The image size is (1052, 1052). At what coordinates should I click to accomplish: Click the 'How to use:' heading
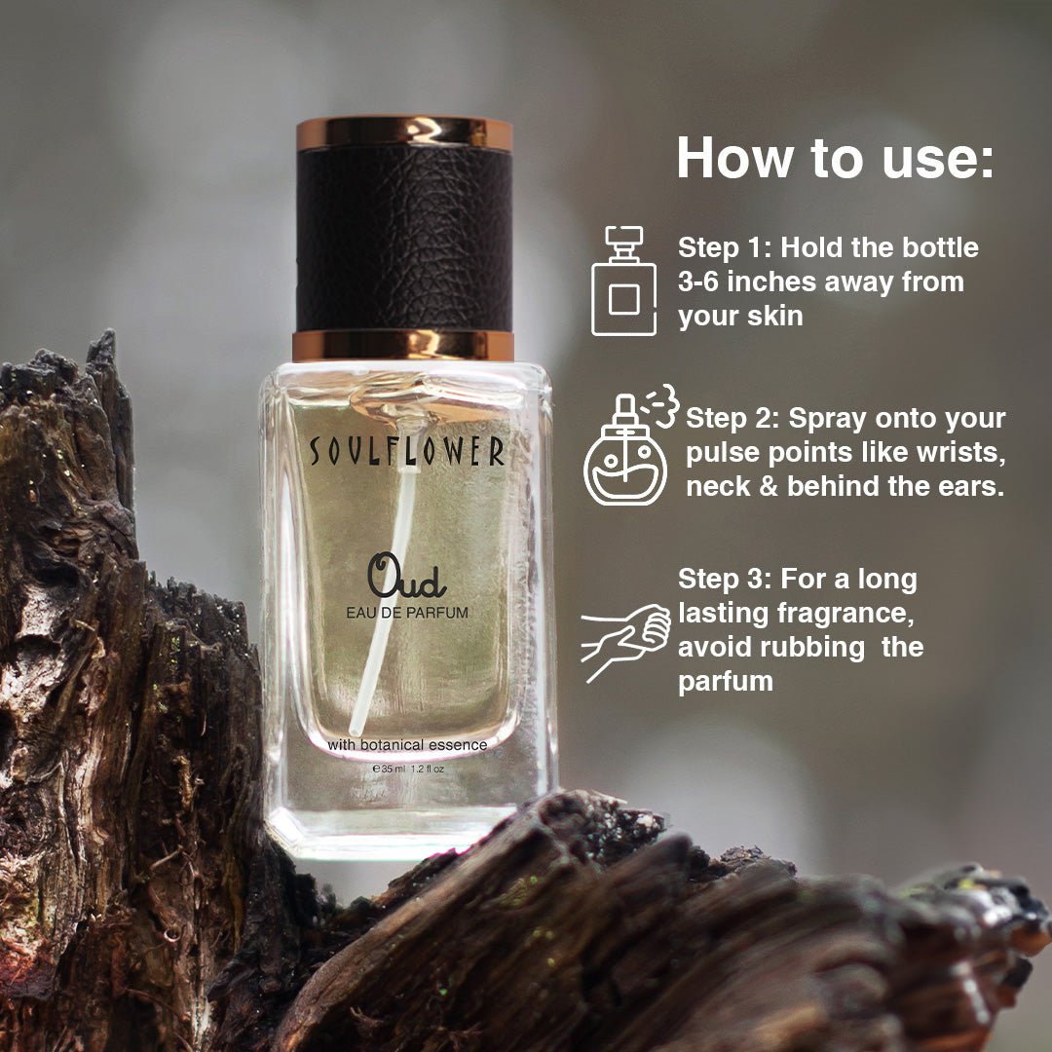(835, 159)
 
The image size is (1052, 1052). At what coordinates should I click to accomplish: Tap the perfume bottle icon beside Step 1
(623, 281)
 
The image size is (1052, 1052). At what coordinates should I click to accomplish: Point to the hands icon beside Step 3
(625, 642)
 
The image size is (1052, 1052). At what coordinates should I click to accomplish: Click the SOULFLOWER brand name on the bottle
(406, 450)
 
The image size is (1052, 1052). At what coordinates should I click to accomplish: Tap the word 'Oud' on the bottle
(406, 576)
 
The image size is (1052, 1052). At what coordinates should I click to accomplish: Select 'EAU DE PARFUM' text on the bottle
(406, 613)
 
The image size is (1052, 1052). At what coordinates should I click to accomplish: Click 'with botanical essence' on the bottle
(406, 745)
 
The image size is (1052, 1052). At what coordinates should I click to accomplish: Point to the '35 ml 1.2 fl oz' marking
(408, 769)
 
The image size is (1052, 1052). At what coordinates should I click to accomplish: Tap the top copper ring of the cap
(404, 132)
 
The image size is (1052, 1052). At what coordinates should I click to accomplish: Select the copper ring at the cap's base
(403, 346)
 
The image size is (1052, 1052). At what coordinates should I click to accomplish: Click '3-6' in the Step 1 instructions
(698, 282)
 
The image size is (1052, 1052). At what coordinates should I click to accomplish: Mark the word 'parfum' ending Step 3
(726, 683)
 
